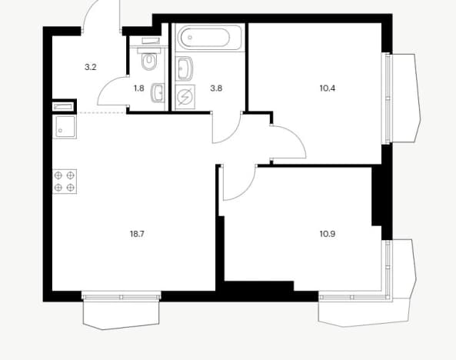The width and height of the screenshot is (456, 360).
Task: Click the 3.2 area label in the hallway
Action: click(91, 68)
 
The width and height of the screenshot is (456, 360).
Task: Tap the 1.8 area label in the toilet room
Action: click(139, 88)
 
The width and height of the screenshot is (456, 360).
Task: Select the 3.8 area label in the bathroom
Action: click(216, 88)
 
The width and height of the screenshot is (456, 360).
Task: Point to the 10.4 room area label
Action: click(328, 88)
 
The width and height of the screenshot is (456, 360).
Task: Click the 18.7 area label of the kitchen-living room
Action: click(137, 234)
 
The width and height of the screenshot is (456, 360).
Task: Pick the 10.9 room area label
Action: click(328, 234)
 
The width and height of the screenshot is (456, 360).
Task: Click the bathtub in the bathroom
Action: click(208, 37)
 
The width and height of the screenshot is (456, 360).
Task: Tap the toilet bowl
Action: click(149, 61)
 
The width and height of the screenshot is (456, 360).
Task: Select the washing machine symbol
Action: click(185, 97)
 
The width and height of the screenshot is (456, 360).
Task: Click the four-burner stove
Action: click(65, 181)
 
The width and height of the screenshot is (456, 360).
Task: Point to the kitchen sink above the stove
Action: click(65, 127)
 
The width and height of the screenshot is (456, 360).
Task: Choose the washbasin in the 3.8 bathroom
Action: click(184, 68)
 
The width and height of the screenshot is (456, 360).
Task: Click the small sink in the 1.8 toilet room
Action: click(158, 93)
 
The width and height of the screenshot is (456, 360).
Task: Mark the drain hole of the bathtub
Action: click(190, 37)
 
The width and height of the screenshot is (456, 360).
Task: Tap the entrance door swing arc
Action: click(88, 12)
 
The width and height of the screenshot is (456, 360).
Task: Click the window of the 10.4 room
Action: click(387, 98)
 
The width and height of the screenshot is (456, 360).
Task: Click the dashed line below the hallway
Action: click(102, 112)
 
